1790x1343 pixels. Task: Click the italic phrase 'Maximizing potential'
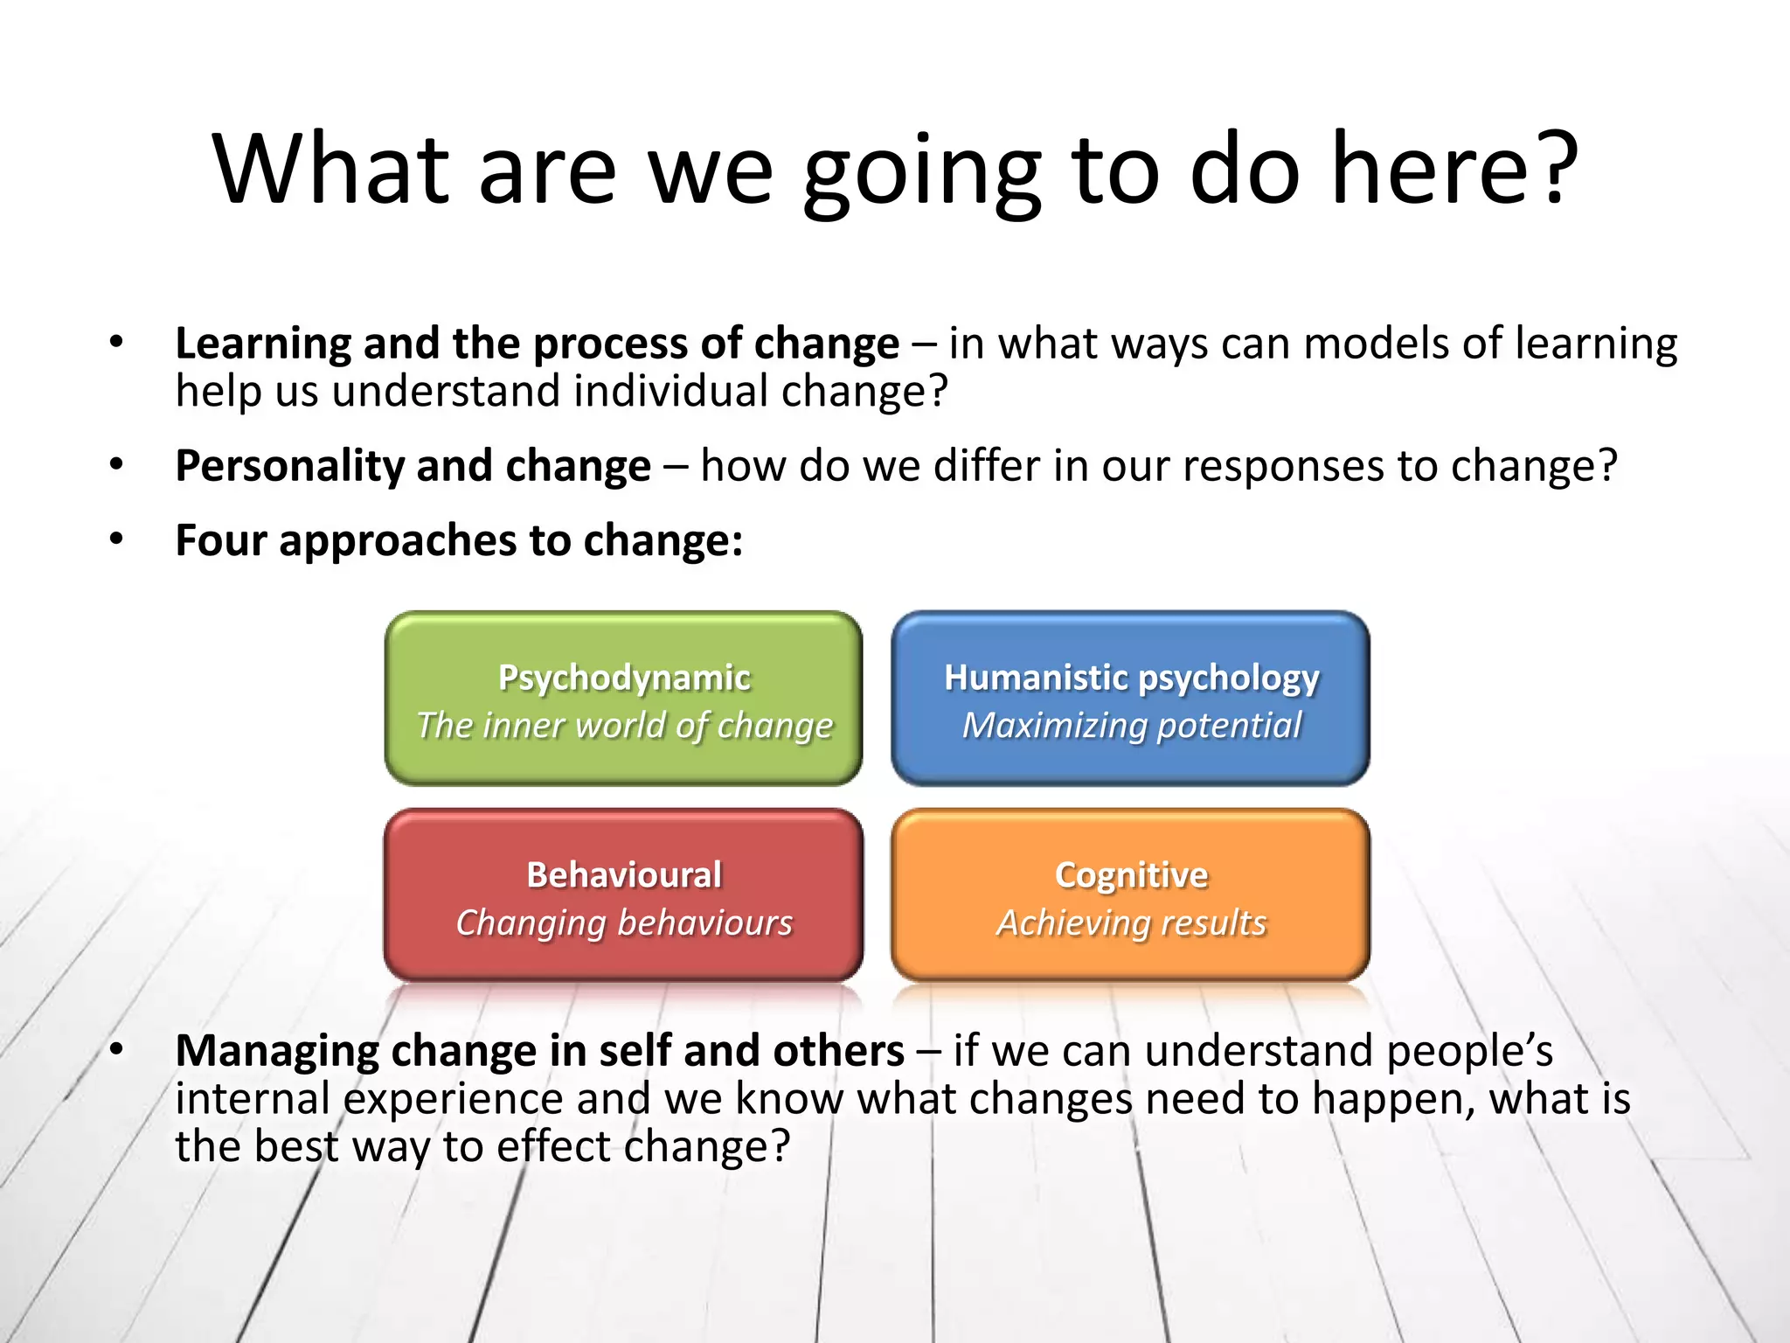click(x=1131, y=726)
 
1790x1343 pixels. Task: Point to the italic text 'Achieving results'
click(x=1131, y=923)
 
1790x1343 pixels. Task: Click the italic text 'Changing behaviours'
click(x=624, y=923)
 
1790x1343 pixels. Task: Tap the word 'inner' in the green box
click(x=523, y=726)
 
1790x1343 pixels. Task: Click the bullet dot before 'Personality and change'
click(x=116, y=464)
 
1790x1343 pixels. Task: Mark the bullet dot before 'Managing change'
click(x=116, y=1049)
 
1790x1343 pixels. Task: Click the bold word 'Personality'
click(x=288, y=466)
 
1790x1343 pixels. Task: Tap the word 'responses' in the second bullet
click(x=1282, y=466)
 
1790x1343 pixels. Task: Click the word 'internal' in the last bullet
click(x=252, y=1098)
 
